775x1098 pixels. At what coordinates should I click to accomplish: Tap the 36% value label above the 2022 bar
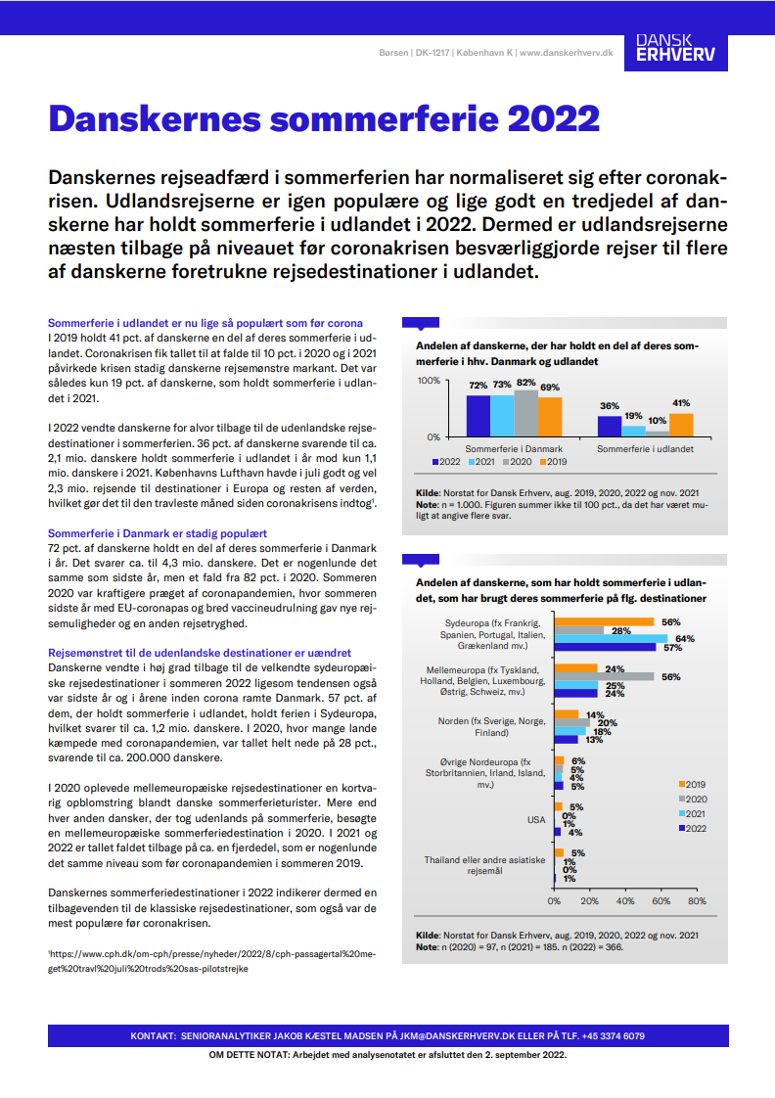tap(610, 406)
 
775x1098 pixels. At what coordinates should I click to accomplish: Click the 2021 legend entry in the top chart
tap(482, 461)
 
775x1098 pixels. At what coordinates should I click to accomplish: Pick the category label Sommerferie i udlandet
tap(645, 448)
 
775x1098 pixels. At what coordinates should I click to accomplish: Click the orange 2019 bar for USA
tap(559, 807)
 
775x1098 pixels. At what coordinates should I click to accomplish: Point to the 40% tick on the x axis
tap(625, 901)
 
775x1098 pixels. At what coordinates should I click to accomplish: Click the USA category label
tap(537, 820)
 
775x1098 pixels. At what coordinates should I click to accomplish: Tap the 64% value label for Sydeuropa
tap(685, 639)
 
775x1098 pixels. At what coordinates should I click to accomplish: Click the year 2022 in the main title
tap(544, 120)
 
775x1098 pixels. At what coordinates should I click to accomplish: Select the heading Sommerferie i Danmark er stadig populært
tap(158, 533)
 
